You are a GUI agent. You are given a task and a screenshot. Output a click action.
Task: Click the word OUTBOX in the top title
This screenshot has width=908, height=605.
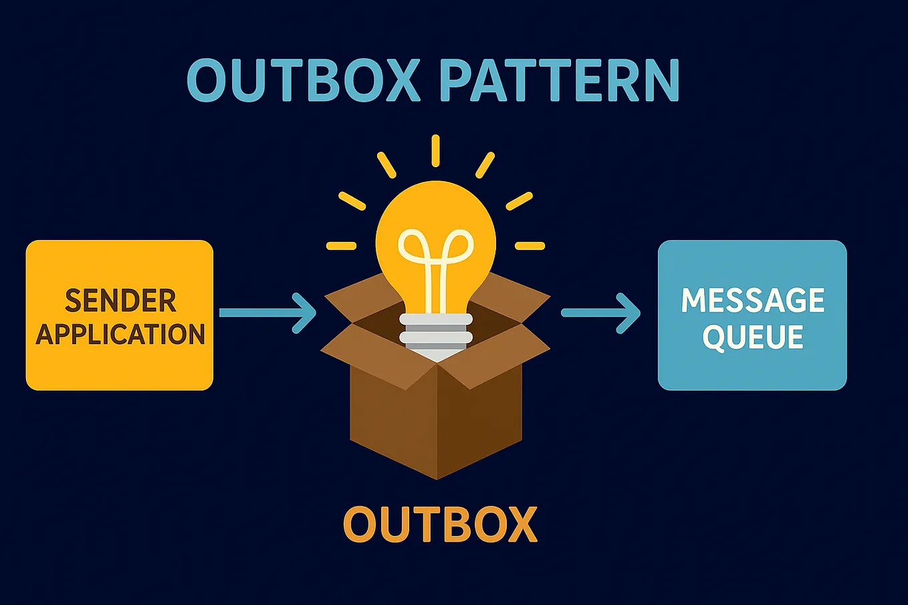pos(303,81)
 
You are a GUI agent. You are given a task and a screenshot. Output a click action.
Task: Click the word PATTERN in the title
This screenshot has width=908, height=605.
pos(559,81)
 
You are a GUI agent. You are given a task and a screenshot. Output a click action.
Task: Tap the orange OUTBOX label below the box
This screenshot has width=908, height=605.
pos(440,524)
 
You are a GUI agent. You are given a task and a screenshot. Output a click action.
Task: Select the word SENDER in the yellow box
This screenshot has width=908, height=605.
pos(120,301)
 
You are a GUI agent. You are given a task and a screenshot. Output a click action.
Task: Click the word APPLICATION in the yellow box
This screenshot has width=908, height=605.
pos(120,334)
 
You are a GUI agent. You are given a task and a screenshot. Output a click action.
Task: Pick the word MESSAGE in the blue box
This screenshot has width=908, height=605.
pos(752,301)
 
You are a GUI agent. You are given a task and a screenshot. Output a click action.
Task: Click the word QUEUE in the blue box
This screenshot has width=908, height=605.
pos(752,336)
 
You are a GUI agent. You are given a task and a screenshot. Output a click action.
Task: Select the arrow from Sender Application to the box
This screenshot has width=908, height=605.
pos(267,312)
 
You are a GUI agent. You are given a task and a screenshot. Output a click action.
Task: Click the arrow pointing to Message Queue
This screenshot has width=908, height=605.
pos(600,312)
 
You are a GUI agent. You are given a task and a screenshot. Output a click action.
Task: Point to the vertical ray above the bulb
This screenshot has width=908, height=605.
pos(435,150)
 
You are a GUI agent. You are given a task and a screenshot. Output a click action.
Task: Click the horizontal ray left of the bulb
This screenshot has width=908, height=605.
pos(341,246)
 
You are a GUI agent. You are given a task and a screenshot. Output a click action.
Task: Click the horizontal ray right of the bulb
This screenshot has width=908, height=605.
pos(530,246)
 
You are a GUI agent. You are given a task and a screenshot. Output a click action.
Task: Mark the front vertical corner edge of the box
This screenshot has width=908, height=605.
pos(437,421)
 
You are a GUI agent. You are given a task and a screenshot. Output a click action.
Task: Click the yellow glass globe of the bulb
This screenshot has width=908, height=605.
pos(436,221)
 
